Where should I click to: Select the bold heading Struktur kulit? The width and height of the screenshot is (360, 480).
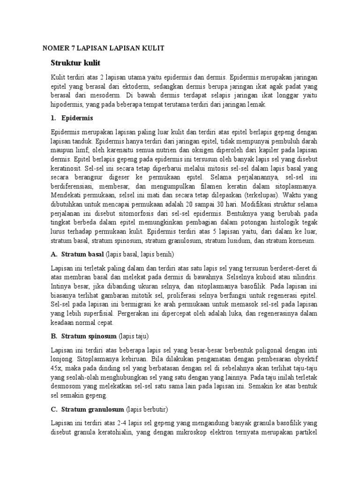75,62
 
